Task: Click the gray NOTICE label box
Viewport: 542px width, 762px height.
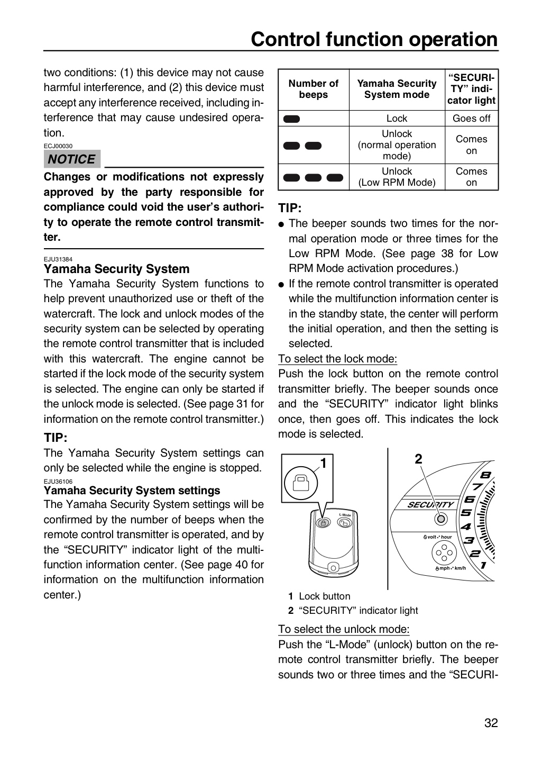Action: (x=72, y=159)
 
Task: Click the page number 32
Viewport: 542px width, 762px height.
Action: (x=491, y=732)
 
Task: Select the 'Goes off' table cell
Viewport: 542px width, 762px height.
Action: (x=471, y=119)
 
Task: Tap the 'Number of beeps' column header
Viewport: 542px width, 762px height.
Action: (x=313, y=89)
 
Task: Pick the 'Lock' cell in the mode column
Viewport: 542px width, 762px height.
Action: (x=397, y=119)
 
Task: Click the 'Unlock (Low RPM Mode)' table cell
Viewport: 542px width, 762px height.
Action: (x=397, y=177)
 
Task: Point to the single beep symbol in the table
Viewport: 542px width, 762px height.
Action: (x=292, y=119)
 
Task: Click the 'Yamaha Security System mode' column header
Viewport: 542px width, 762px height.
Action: (x=397, y=89)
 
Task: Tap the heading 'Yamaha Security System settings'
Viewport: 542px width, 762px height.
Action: (x=132, y=490)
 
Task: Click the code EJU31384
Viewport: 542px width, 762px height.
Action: (x=58, y=259)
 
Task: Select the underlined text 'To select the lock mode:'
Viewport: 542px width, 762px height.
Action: (x=338, y=359)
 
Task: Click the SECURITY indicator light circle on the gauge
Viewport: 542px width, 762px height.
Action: (x=441, y=519)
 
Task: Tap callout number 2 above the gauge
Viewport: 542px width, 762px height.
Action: (x=418, y=459)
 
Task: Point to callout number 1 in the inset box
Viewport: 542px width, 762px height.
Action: (x=324, y=463)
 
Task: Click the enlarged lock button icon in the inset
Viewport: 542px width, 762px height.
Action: (x=300, y=483)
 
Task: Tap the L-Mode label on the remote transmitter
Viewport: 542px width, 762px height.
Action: (x=345, y=515)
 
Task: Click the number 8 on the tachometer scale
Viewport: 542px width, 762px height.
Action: (x=485, y=475)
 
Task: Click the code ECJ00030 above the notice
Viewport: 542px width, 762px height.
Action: (x=58, y=146)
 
